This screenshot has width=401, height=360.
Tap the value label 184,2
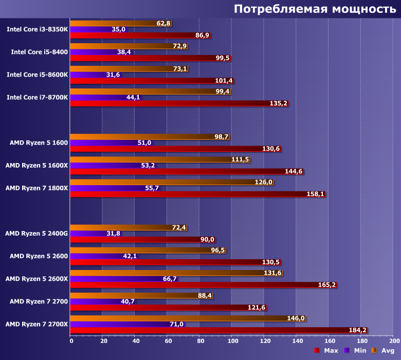(359, 330)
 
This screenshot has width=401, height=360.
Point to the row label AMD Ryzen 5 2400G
(36, 233)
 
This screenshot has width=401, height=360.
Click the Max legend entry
(326, 350)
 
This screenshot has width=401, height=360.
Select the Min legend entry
(355, 350)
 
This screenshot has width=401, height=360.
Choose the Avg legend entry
(382, 350)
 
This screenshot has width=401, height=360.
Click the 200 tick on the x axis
(394, 341)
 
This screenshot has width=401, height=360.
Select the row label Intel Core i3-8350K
(37, 29)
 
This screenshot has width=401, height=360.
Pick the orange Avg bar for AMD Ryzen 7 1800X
(170, 182)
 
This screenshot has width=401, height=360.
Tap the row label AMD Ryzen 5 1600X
(37, 165)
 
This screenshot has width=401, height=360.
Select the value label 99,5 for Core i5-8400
(223, 58)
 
